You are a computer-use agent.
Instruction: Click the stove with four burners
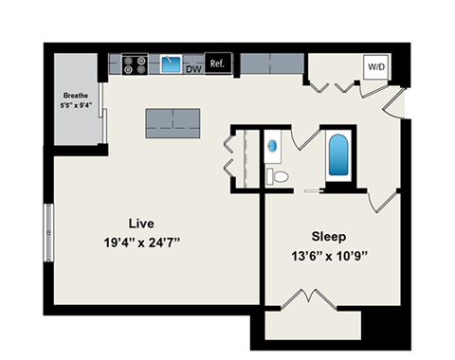point(134,65)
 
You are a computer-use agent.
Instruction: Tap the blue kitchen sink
point(172,64)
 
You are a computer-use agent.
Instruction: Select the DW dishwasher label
point(193,69)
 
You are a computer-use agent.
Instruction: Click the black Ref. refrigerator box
point(217,64)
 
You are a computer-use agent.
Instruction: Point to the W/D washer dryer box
point(375,67)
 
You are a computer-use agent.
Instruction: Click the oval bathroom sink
point(275,147)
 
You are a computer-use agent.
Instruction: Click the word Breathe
point(75,96)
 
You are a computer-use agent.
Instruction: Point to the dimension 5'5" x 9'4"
point(75,106)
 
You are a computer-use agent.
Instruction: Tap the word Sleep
point(328,235)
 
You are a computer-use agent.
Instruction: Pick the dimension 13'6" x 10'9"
point(327,254)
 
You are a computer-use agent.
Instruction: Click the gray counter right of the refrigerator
point(270,64)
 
